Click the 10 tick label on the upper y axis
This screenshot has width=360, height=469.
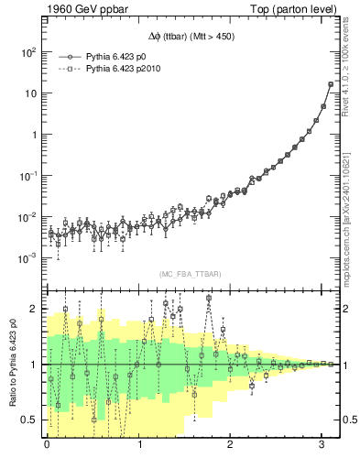tap(31, 93)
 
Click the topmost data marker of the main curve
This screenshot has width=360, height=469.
tap(331, 84)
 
